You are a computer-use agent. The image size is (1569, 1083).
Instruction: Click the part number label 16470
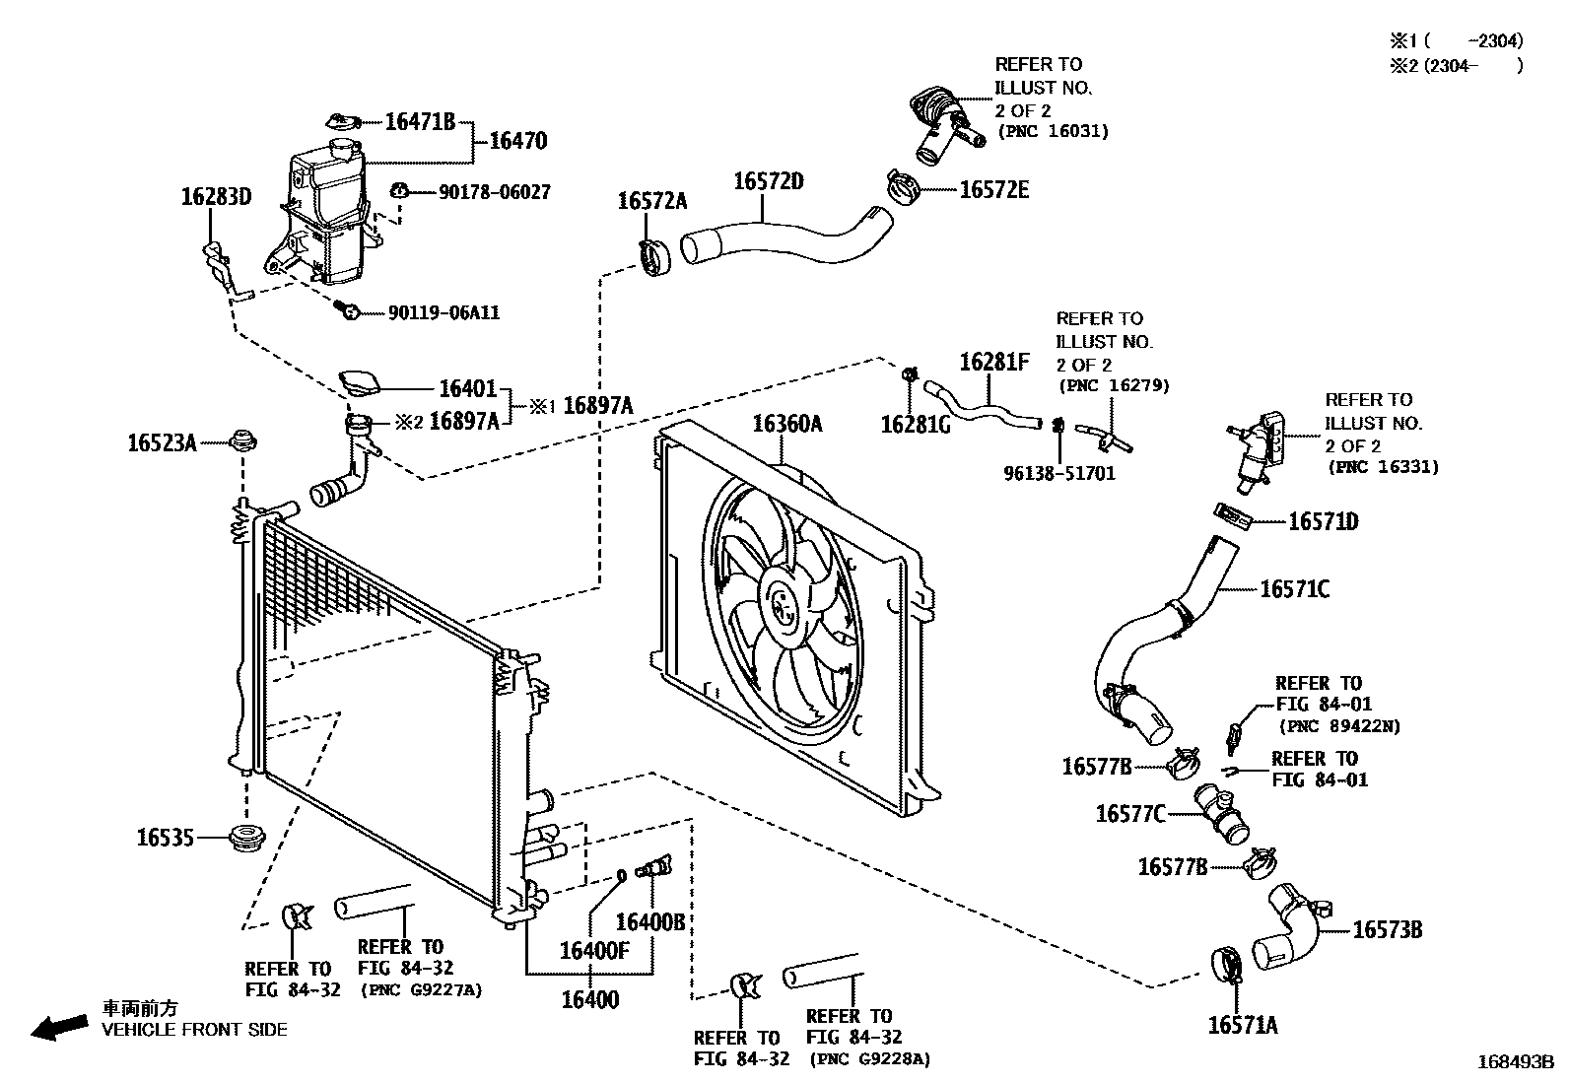[517, 141]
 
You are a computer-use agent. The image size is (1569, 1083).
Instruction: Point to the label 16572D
[768, 182]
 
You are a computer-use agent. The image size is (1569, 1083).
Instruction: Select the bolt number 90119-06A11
[443, 313]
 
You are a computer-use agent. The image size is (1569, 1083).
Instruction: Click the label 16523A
[162, 443]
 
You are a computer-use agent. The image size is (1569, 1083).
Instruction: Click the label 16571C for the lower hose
[1294, 589]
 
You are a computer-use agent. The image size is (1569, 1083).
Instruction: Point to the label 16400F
[594, 950]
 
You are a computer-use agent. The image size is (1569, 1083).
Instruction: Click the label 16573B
[1387, 929]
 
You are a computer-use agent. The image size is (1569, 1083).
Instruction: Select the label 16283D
[216, 197]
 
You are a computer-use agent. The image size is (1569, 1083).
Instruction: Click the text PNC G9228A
[869, 1059]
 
